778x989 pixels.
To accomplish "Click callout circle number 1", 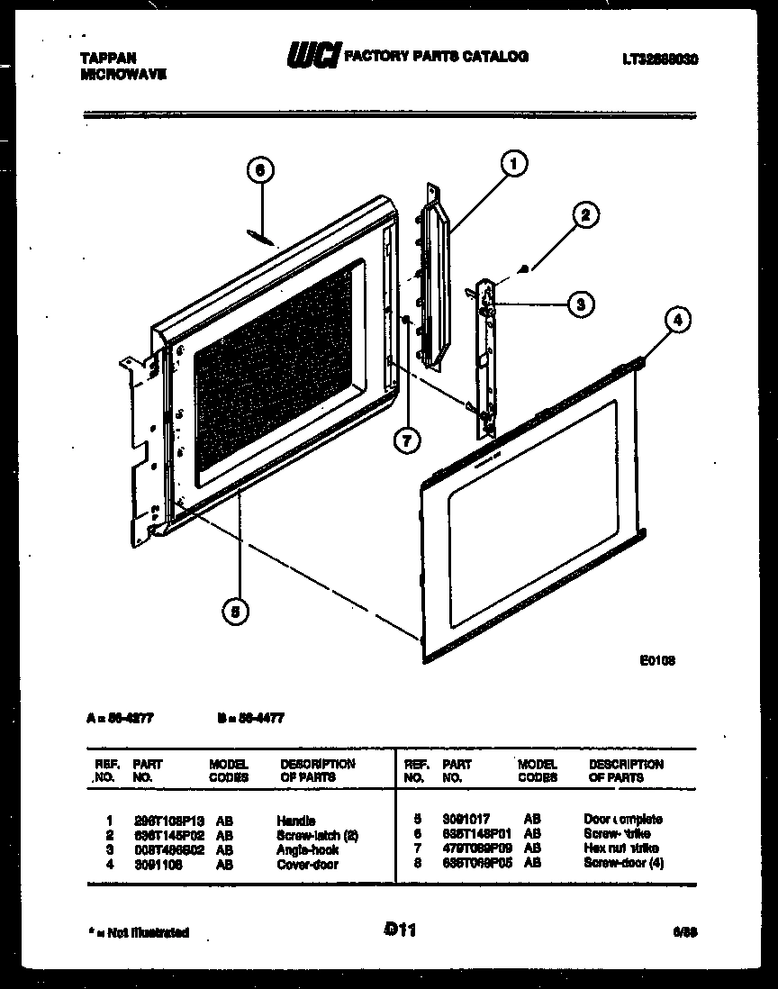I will (513, 163).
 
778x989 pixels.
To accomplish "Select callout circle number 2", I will (585, 214).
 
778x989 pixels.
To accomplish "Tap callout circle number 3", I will (581, 305).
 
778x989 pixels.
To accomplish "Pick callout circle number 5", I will (235, 612).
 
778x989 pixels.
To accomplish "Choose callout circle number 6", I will (259, 171).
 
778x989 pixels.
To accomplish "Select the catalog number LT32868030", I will (660, 60).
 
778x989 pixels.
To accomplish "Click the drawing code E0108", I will (657, 660).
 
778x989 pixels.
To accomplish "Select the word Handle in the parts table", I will (295, 821).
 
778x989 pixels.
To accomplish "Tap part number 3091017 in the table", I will (466, 820).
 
